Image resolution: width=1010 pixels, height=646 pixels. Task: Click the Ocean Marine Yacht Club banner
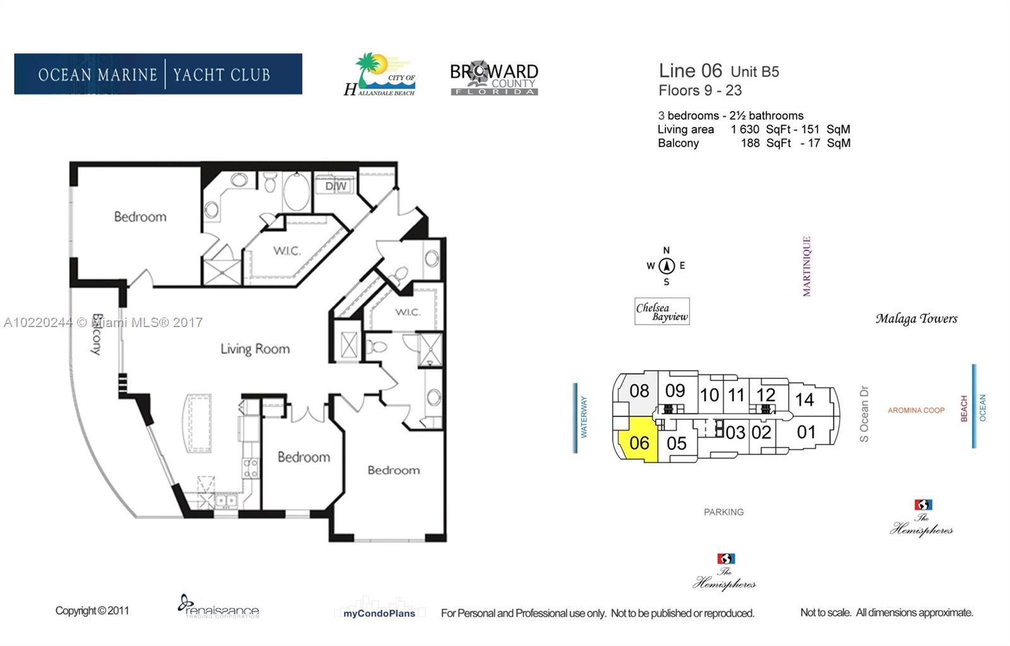pyautogui.click(x=158, y=74)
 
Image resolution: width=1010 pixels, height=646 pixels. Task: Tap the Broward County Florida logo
pyautogui.click(x=494, y=79)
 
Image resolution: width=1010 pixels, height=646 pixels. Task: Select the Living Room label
pyautogui.click(x=255, y=349)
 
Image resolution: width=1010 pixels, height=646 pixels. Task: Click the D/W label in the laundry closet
pyautogui.click(x=336, y=186)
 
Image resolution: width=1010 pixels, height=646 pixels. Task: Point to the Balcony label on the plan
pyautogui.click(x=97, y=334)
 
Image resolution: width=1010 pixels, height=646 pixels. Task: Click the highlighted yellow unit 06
pyautogui.click(x=639, y=443)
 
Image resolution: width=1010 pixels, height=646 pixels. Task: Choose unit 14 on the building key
pyautogui.click(x=804, y=399)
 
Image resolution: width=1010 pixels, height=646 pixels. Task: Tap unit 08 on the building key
pyautogui.click(x=639, y=391)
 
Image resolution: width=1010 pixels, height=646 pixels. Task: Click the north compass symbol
pyautogui.click(x=667, y=266)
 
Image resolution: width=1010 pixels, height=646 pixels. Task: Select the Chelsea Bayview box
pyautogui.click(x=662, y=312)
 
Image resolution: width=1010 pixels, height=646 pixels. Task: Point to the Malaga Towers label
pyautogui.click(x=916, y=319)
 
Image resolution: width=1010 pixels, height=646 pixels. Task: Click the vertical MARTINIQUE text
pyautogui.click(x=806, y=266)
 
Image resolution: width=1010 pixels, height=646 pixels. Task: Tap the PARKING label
pyautogui.click(x=723, y=512)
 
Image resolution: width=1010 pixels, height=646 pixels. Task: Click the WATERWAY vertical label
pyautogui.click(x=583, y=417)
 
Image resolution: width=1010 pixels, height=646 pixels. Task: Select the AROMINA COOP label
pyautogui.click(x=916, y=410)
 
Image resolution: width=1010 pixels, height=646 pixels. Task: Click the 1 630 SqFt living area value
pyautogui.click(x=760, y=129)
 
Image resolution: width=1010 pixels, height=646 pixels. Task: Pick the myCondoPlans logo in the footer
pyautogui.click(x=379, y=613)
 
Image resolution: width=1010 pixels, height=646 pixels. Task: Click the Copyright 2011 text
pyautogui.click(x=92, y=611)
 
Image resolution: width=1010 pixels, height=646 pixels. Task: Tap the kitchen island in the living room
pyautogui.click(x=198, y=422)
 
